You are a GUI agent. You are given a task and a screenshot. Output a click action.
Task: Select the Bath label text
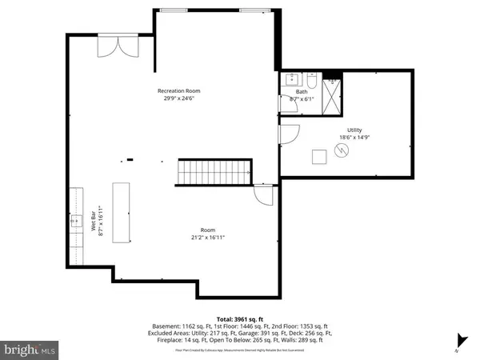click(302, 91)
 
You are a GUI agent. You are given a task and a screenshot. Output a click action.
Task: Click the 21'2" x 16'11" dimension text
click(207, 238)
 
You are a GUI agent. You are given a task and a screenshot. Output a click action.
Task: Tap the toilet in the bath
click(310, 79)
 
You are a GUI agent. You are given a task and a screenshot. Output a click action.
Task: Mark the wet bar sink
click(78, 222)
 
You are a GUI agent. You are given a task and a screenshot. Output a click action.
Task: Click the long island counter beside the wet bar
click(122, 212)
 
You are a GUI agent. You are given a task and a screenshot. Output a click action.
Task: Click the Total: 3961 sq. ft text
click(239, 318)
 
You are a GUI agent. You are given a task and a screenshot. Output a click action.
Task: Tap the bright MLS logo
click(30, 350)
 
